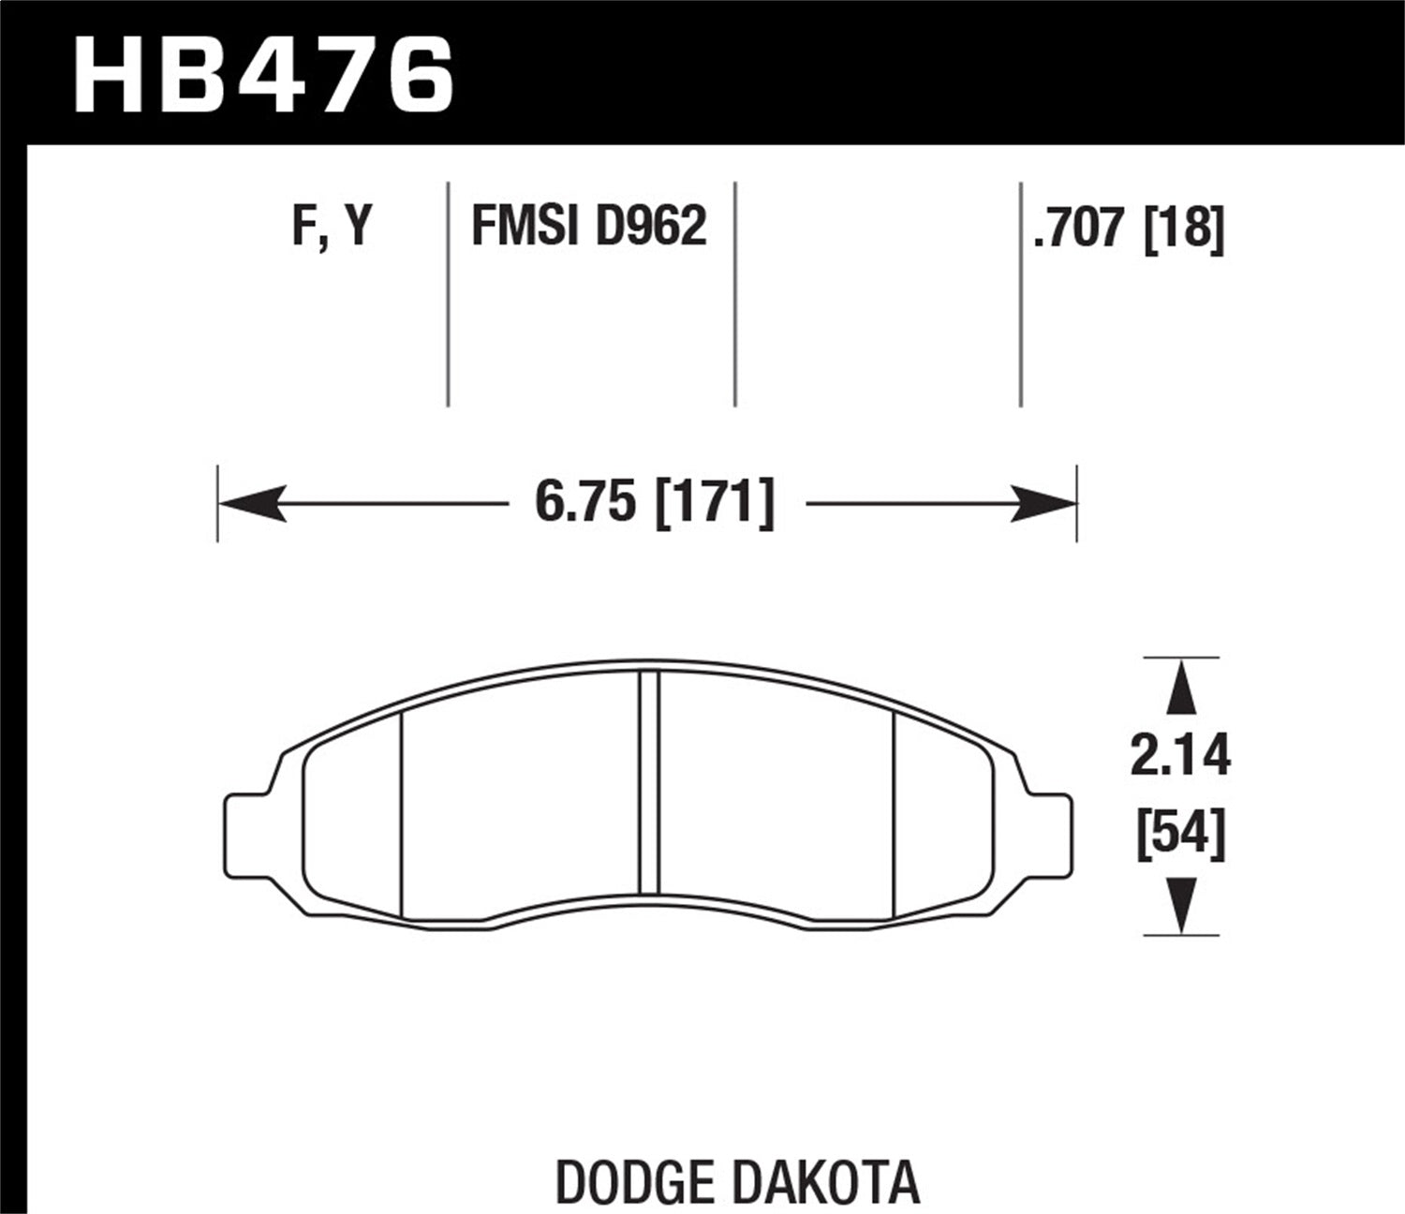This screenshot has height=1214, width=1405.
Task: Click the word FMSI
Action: point(521,227)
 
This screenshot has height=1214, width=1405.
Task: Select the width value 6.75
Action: point(586,503)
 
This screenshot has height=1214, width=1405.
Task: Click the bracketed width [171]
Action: point(716,503)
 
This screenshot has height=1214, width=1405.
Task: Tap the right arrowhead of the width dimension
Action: point(1043,504)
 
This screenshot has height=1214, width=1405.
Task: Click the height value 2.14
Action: point(1180,757)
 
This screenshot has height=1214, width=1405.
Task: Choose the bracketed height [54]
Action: point(1180,835)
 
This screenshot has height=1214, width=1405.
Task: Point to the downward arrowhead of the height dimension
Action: point(1182,905)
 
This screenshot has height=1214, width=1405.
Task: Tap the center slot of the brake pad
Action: point(648,782)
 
